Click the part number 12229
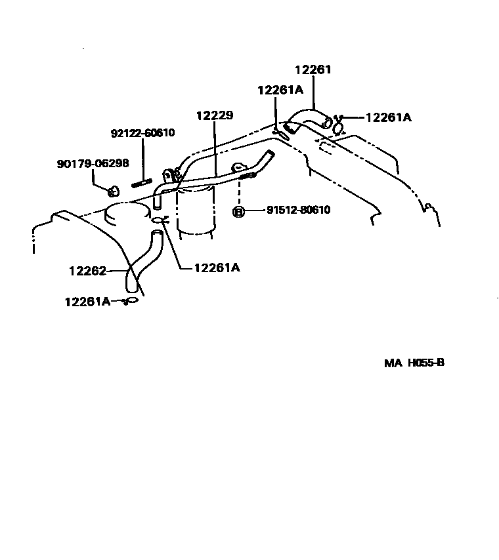coord(215,115)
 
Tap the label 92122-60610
coord(142,133)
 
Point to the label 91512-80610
coord(298,210)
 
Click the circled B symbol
coord(239,211)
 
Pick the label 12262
coord(87,270)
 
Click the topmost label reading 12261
coord(313,70)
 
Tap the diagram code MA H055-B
coord(414,362)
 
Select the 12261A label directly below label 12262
coord(87,301)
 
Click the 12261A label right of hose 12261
coord(388,117)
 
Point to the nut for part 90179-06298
coord(113,191)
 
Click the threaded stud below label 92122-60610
coord(142,183)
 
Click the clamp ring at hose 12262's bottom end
coord(131,301)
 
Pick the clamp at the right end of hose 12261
coord(338,125)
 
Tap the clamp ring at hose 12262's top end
coord(160,221)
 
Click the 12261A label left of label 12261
coord(280,91)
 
